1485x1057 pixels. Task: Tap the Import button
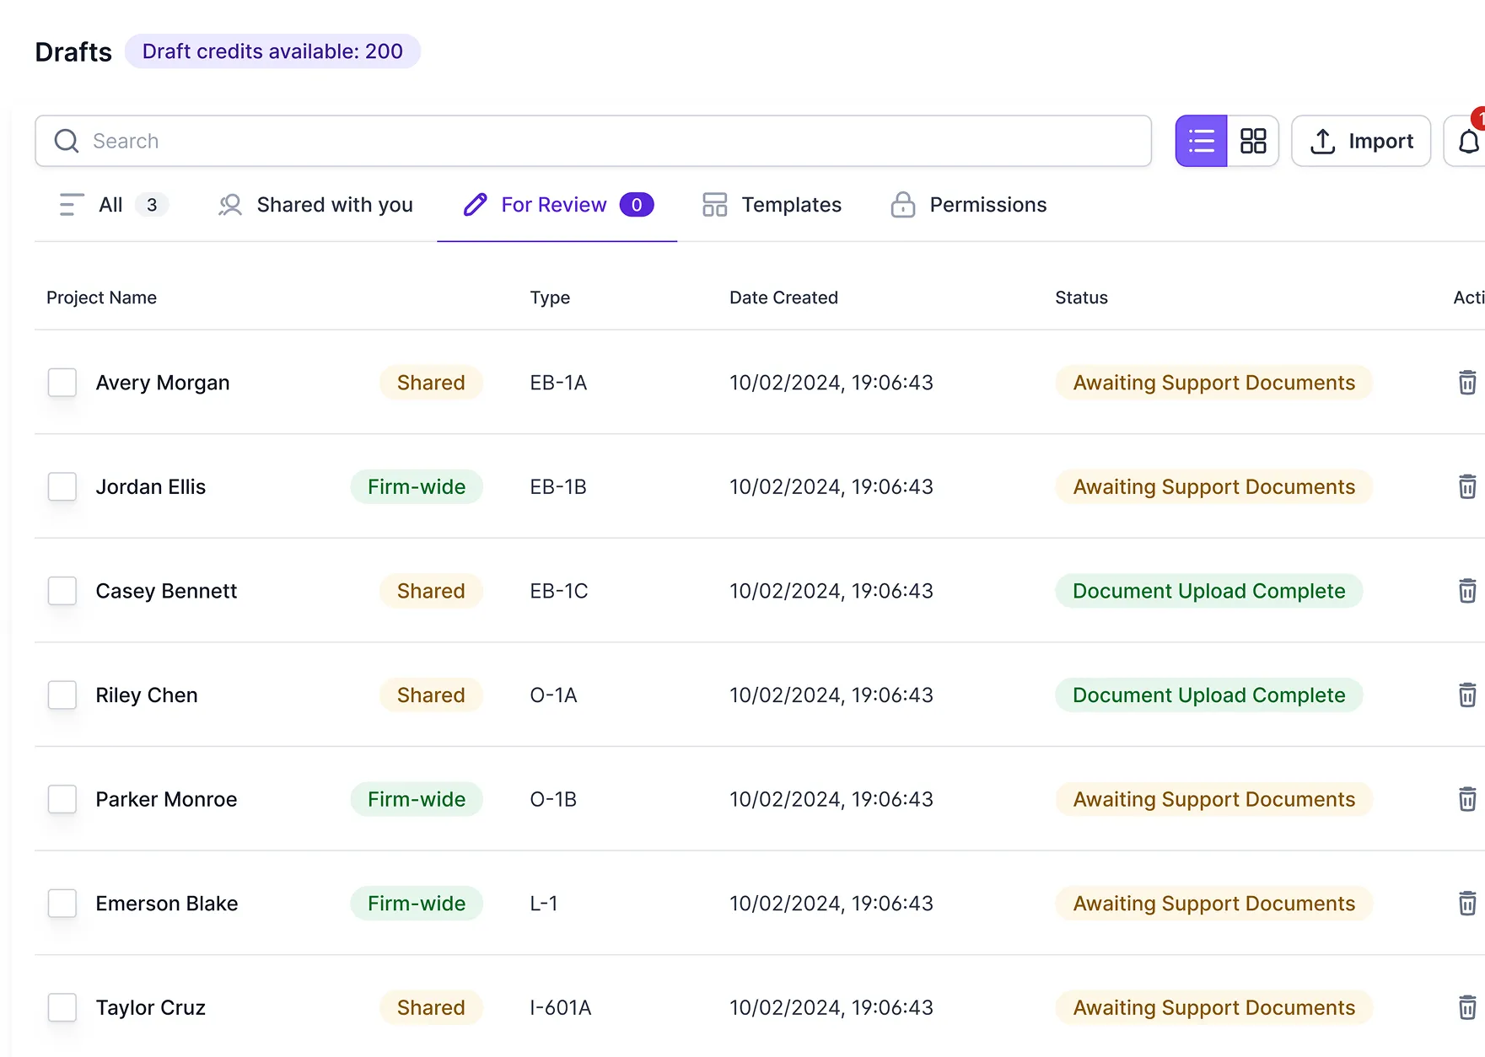1361,141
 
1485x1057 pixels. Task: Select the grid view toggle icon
1253,141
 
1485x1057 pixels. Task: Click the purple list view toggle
1201,141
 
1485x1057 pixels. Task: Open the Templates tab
772,205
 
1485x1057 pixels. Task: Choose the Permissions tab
969,205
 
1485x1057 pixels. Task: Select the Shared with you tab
315,205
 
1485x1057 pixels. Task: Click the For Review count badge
637,205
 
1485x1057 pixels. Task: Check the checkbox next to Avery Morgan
62,383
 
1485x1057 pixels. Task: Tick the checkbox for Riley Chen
62,695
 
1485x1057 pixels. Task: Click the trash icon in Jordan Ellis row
1467,486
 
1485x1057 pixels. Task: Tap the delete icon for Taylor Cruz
1467,1007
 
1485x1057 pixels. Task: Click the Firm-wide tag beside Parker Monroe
417,799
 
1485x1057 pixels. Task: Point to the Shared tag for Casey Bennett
431,591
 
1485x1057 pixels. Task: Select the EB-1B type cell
558,486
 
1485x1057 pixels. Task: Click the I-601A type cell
561,1007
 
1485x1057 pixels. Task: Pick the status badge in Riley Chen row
1208,695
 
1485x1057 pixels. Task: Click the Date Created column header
783,298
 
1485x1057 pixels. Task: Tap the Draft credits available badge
272,51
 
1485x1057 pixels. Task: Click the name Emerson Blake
167,904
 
